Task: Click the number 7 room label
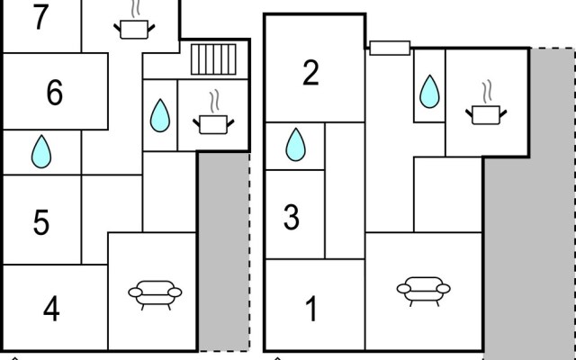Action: coord(40,18)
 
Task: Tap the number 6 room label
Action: coord(54,93)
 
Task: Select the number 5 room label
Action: coord(41,222)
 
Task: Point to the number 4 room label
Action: coord(51,310)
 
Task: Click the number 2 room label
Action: coord(310,73)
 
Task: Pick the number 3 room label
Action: coord(291,217)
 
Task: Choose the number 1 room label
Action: coord(311,310)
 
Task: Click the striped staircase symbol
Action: coord(212,60)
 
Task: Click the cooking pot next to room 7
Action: coord(134,29)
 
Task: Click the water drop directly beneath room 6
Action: coord(41,151)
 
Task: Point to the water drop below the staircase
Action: coord(160,114)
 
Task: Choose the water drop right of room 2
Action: coord(429,91)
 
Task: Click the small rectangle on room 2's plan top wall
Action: coord(390,48)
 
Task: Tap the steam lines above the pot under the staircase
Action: coord(214,98)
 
